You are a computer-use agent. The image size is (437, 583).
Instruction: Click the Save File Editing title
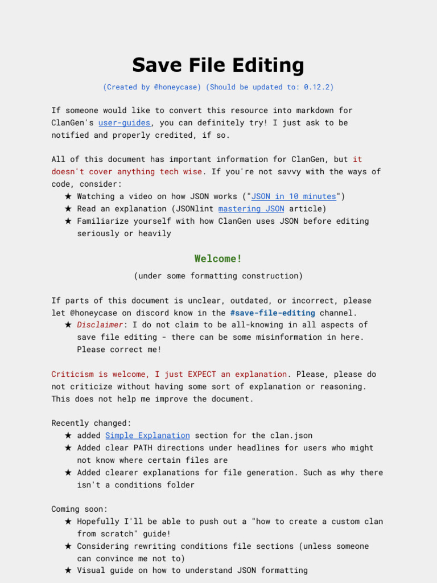pos(218,65)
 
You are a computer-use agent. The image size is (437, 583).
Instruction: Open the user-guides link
pos(125,123)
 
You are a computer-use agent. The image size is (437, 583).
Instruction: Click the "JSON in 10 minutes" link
pos(294,196)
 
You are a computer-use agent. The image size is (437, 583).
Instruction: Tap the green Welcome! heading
pos(218,258)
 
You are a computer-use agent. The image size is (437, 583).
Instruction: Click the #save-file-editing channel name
pos(273,313)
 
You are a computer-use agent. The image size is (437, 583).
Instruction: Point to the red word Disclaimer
pos(100,325)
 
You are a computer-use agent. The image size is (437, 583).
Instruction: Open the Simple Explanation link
pos(147,436)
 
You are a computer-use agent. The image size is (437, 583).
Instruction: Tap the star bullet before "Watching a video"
pos(68,196)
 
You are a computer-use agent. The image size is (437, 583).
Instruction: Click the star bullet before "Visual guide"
pos(68,570)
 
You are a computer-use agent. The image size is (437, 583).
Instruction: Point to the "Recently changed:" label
pos(91,423)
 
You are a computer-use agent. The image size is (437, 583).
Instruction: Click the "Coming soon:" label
pos(80,509)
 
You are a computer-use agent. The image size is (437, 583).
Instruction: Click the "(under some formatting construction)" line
pos(218,276)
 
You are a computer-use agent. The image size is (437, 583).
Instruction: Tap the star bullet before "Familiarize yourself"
pos(68,221)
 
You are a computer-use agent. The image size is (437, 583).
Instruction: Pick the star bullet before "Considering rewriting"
pos(68,547)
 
